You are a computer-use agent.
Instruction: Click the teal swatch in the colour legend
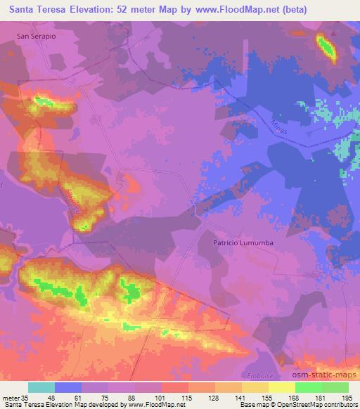[41, 387]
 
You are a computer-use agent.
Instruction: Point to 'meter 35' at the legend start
[15, 397]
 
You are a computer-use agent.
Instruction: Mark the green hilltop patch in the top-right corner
[326, 47]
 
